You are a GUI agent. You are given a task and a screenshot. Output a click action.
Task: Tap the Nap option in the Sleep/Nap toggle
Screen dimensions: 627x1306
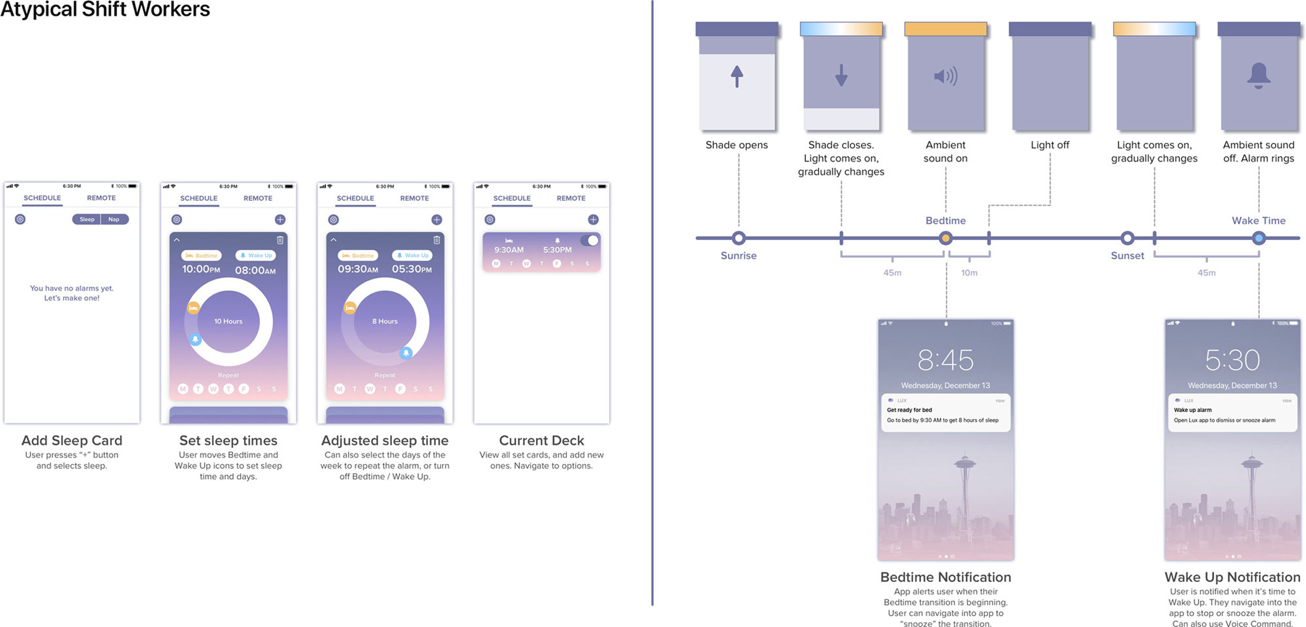click(114, 219)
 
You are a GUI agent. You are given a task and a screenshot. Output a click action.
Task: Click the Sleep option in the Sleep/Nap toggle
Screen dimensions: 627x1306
click(87, 219)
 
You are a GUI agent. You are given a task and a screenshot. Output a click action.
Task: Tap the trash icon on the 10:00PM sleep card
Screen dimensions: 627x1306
click(280, 240)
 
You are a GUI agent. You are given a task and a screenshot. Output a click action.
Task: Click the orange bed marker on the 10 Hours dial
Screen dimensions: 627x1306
click(193, 308)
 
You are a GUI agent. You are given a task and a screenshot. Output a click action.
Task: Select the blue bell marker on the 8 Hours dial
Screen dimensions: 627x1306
click(406, 353)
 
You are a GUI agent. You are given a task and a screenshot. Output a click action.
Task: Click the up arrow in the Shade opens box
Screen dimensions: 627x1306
click(737, 77)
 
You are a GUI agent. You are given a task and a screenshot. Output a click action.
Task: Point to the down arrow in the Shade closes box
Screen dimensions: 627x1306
click(841, 75)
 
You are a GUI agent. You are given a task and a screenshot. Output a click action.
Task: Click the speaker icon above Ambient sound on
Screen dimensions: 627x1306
click(946, 76)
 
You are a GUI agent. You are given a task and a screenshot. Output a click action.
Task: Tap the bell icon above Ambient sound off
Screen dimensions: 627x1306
click(1259, 76)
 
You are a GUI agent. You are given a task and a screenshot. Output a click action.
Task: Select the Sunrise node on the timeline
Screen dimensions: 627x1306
click(739, 238)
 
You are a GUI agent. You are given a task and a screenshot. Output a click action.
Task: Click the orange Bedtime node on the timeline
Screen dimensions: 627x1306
click(946, 238)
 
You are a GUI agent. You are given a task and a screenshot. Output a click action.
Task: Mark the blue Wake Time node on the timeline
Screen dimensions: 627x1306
click(1259, 238)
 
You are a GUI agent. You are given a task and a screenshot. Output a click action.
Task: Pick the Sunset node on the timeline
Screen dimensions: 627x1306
click(1127, 238)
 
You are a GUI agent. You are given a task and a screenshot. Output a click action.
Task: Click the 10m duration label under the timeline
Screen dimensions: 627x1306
click(969, 273)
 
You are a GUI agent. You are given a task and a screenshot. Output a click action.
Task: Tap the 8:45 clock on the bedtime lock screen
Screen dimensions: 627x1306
click(946, 360)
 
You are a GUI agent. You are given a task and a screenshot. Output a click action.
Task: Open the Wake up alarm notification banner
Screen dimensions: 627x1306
click(1232, 413)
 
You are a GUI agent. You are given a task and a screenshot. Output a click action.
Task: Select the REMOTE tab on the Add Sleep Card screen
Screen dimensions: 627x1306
click(101, 198)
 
